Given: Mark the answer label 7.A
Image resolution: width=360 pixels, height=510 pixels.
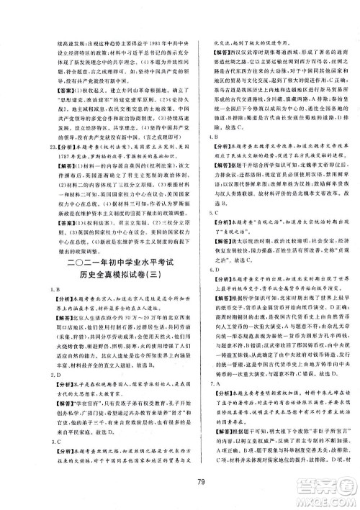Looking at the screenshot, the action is click(190, 383).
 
